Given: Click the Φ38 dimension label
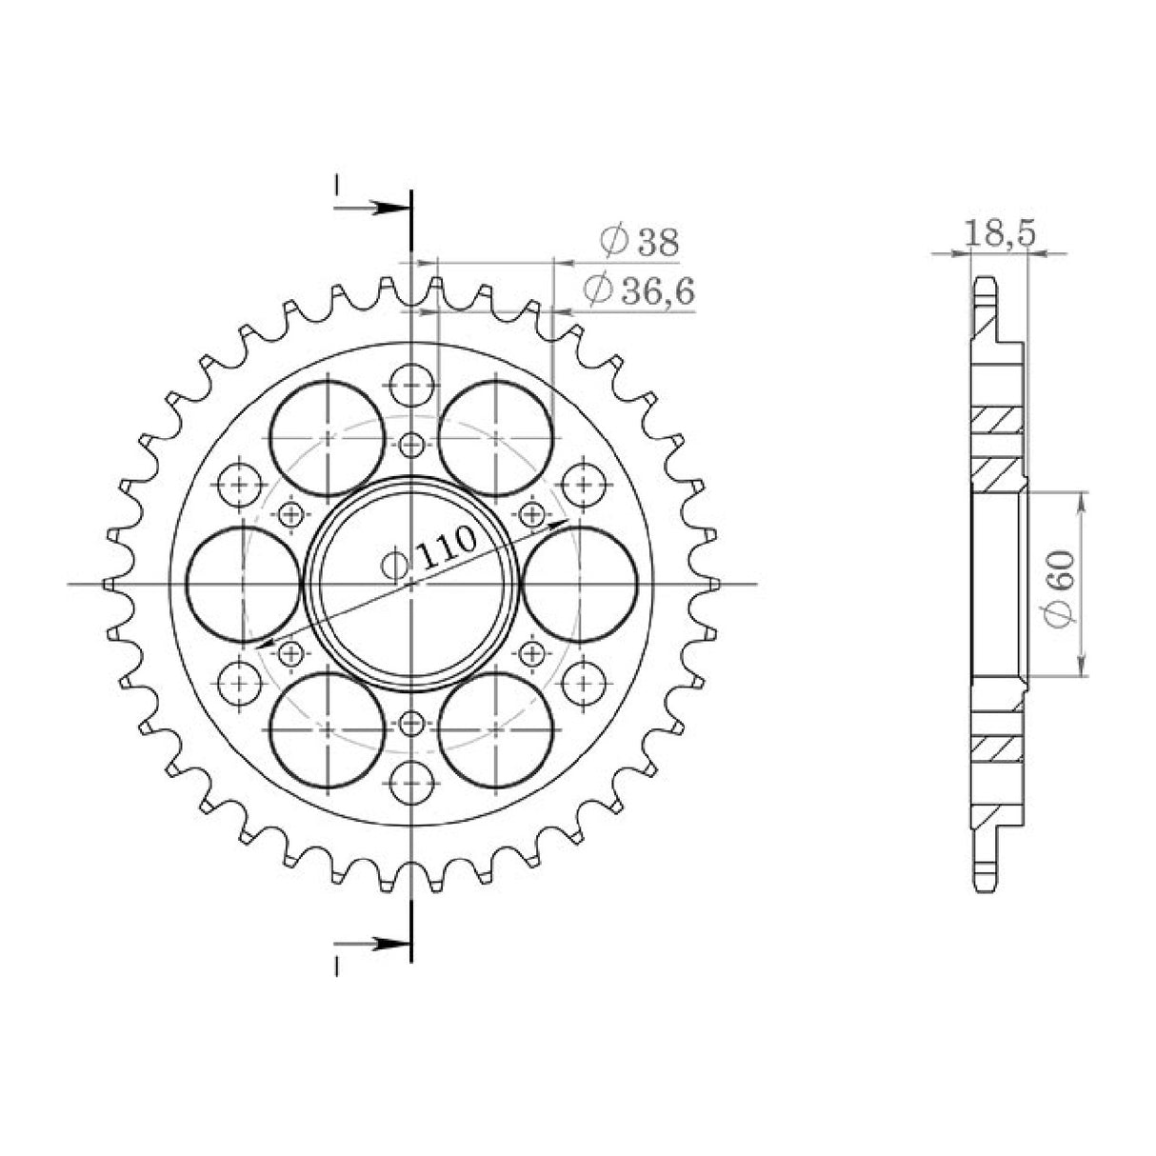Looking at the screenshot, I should point(639,243).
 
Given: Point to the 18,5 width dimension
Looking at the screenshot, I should point(998,234).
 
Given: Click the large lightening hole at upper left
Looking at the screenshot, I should point(327,437).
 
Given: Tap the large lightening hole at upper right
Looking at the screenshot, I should point(496,437).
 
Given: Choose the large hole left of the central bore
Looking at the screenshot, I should point(243,583).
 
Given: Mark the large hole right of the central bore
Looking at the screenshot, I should point(580,583).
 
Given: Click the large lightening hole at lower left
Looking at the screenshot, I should point(327,728).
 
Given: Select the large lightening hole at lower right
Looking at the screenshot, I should point(496,728).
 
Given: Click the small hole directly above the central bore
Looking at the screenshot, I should point(411,444).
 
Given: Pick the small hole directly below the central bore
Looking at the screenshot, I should point(411,723).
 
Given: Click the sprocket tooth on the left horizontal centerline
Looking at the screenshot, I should point(109,582).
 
